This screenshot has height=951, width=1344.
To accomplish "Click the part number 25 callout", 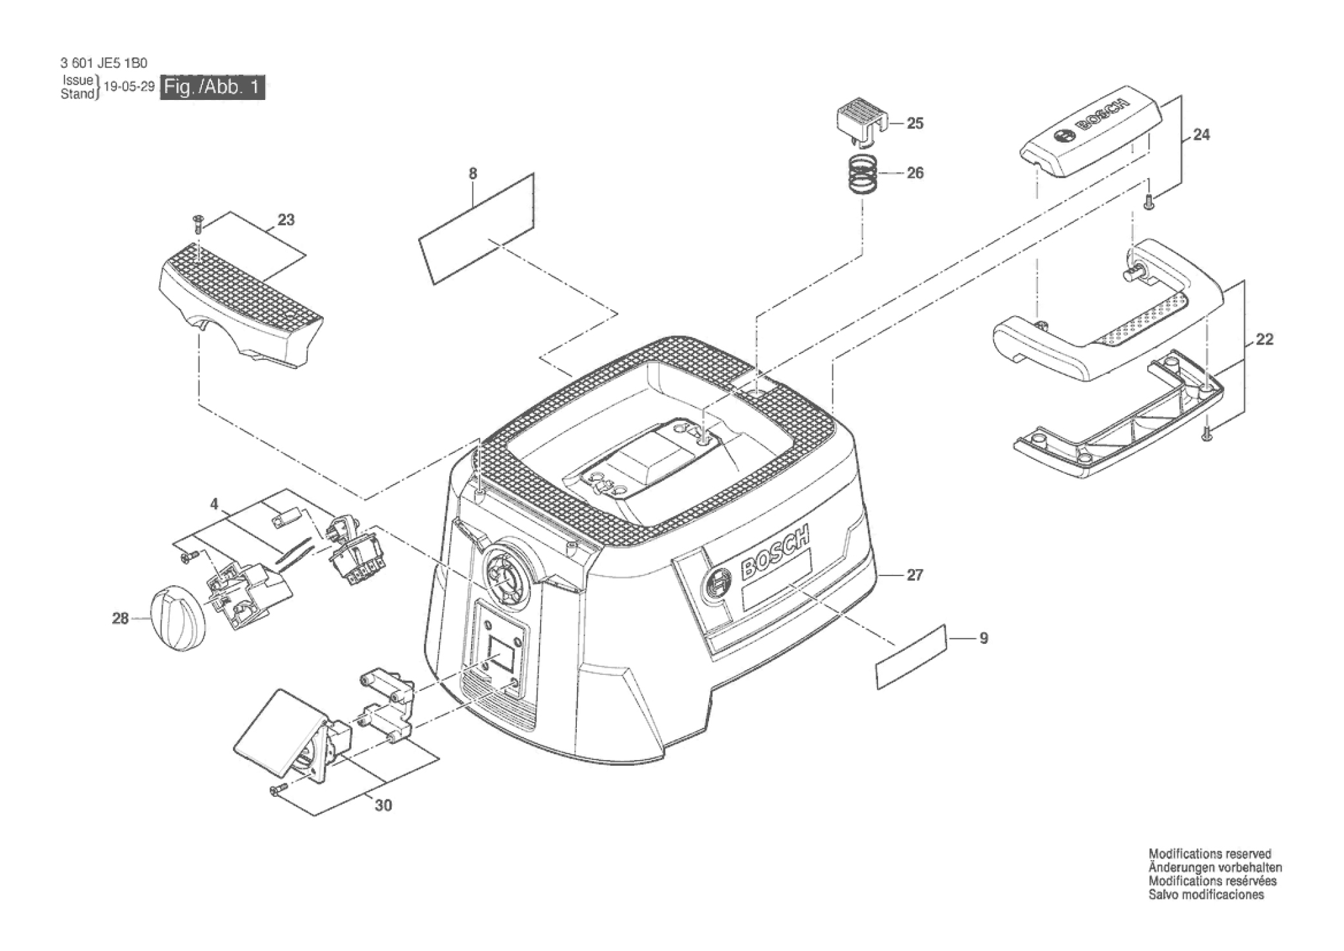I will click(915, 123).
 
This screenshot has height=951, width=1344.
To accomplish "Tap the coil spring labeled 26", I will click(863, 174).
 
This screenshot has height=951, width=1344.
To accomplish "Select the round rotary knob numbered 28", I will click(176, 619).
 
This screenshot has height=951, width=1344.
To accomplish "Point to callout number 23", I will click(285, 219).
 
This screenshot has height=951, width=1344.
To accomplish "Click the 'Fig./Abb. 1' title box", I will click(212, 87).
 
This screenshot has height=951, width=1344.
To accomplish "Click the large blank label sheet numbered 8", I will click(477, 229).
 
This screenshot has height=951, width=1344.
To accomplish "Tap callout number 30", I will click(383, 805).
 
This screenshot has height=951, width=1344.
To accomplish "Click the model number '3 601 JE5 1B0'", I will click(104, 63).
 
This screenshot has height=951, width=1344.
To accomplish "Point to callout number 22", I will click(1264, 339).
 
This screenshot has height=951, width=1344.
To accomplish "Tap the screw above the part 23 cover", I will click(197, 223).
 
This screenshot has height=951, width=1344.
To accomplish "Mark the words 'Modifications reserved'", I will click(1209, 854).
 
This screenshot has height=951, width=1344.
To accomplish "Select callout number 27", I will click(914, 574).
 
